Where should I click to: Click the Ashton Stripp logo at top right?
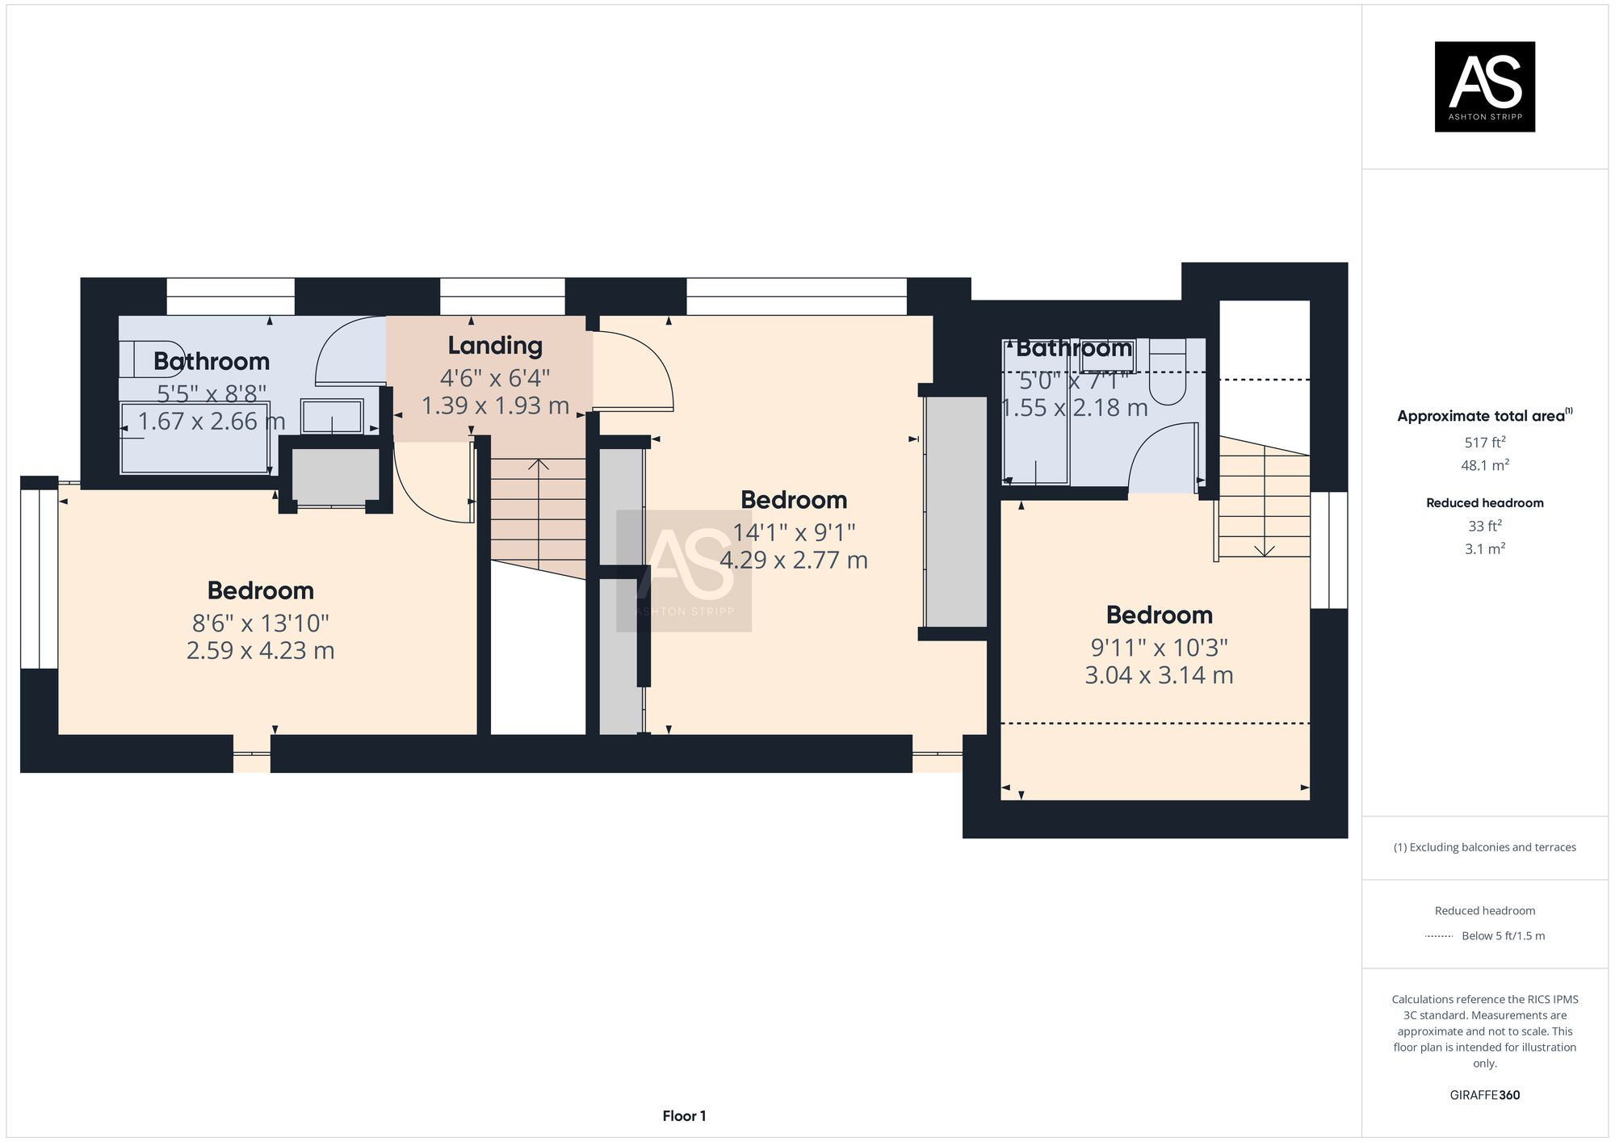(1484, 86)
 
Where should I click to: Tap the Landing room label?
(495, 346)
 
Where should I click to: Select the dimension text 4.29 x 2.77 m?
(794, 560)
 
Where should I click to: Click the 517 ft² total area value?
(1484, 443)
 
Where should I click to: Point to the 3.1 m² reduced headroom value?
(1484, 549)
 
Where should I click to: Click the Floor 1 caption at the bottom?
(684, 1116)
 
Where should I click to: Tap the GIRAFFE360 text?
(1484, 1095)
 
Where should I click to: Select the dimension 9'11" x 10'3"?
(1159, 648)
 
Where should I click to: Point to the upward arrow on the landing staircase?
(539, 466)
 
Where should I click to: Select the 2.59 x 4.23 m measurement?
(260, 651)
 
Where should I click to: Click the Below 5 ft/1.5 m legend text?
(1503, 936)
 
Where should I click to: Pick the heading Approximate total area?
(1481, 416)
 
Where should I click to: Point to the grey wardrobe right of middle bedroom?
(956, 511)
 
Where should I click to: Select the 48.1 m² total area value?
(1484, 465)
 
